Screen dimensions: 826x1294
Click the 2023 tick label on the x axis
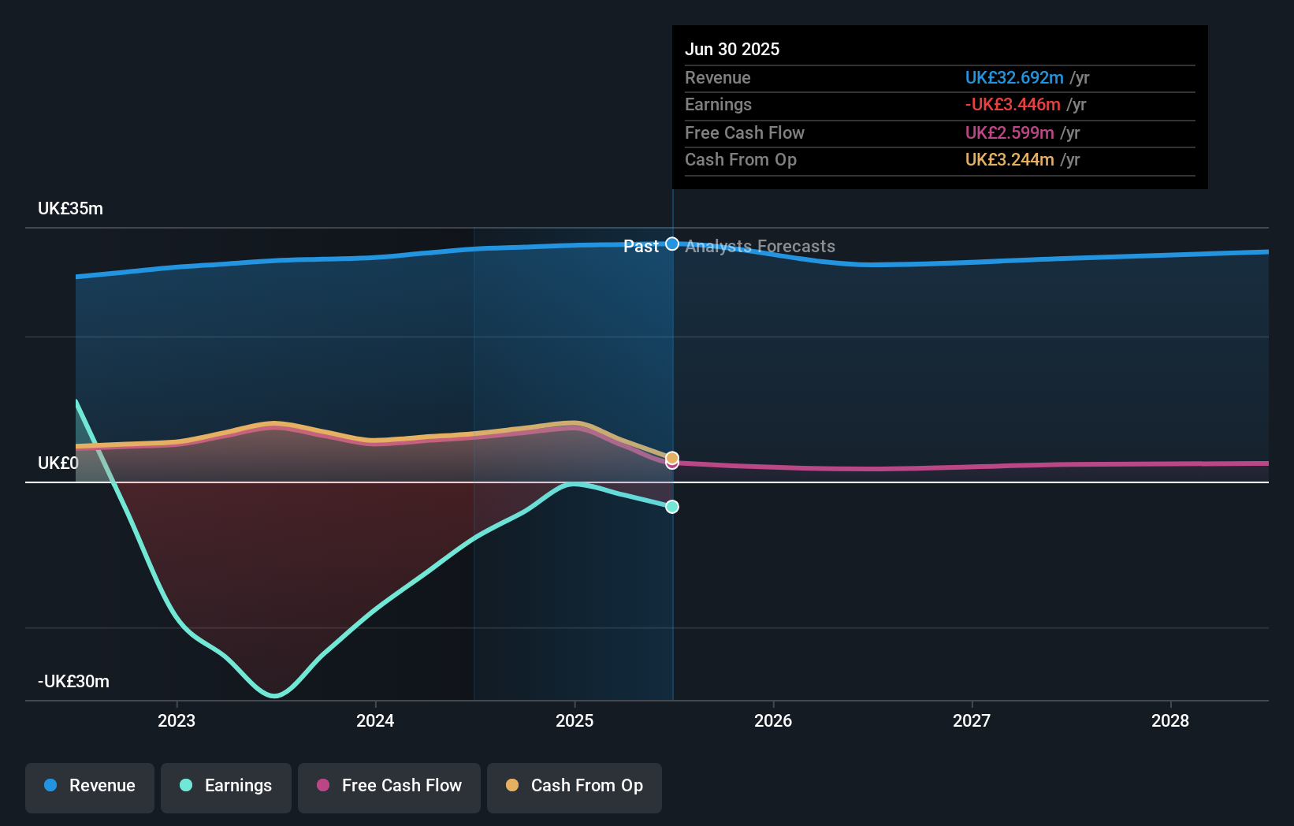(x=177, y=720)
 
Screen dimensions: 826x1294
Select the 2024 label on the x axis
(x=375, y=720)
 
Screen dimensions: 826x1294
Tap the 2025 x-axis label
(x=574, y=720)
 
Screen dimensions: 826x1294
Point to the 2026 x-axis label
(x=773, y=720)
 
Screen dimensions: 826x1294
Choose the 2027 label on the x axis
(x=972, y=720)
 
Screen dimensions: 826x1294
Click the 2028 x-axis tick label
(x=1170, y=720)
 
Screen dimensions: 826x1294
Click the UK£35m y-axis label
(x=70, y=209)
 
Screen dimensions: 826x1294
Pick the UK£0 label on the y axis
(x=58, y=463)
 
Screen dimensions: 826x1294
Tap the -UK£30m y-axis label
(x=73, y=682)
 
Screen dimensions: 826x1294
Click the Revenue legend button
(x=90, y=786)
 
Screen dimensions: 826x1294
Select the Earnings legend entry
(x=226, y=786)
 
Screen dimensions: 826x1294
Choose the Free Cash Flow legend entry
(x=389, y=786)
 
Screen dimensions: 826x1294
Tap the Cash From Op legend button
(x=574, y=786)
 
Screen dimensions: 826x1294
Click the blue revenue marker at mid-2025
(x=672, y=244)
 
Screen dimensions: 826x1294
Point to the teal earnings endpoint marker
(x=672, y=507)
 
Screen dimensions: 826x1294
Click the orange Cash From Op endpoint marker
(x=672, y=457)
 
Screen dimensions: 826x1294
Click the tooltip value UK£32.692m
(x=1014, y=78)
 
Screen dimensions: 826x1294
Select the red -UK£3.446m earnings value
(x=1013, y=105)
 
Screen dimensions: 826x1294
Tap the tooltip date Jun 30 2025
(x=732, y=50)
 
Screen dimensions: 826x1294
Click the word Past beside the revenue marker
(x=641, y=247)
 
